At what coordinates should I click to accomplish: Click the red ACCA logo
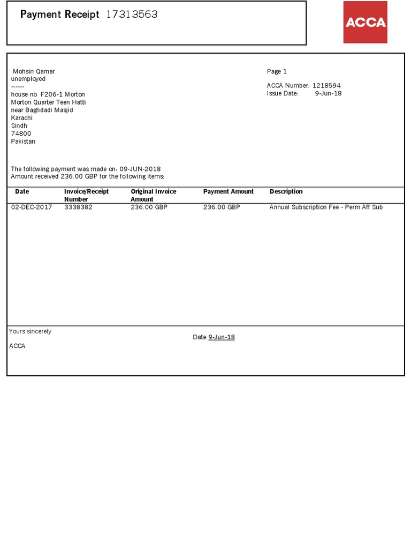click(x=365, y=22)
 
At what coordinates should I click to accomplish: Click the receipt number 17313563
click(x=132, y=14)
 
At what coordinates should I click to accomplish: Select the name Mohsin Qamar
click(x=34, y=72)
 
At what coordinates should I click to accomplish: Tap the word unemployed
click(x=28, y=79)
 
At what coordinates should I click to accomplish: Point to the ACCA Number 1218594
click(x=326, y=86)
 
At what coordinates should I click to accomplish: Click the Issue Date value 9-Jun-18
click(x=328, y=93)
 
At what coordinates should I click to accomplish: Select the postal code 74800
click(x=21, y=134)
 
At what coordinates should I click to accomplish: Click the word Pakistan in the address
click(x=23, y=142)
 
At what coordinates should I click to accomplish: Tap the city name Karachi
click(x=22, y=118)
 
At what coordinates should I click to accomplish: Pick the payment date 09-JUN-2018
click(x=140, y=169)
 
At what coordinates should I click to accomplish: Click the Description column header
click(x=286, y=191)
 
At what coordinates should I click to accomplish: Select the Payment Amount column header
click(x=229, y=191)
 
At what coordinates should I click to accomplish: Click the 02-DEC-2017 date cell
click(x=32, y=207)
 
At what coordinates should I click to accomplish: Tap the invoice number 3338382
click(x=78, y=207)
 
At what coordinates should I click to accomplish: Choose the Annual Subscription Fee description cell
click(x=326, y=207)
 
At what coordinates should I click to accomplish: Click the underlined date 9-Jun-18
click(x=222, y=337)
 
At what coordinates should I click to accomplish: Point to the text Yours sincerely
click(x=31, y=332)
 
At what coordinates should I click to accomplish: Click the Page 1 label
click(x=277, y=72)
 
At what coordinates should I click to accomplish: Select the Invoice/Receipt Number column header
click(x=86, y=195)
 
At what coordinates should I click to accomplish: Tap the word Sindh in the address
click(x=19, y=126)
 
